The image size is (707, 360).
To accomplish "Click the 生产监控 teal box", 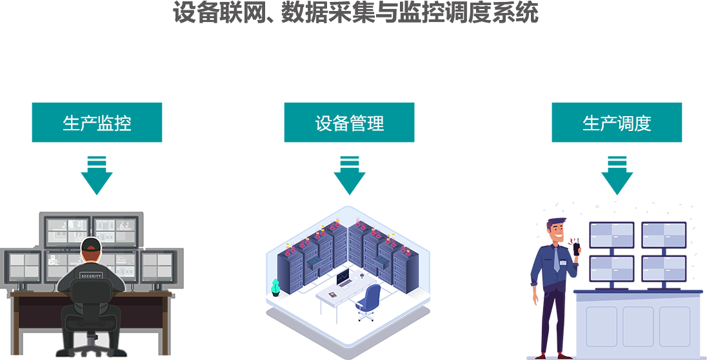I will coord(97,123).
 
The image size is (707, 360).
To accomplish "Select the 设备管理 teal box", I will coord(349,123).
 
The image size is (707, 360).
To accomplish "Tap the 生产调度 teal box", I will coord(617,123).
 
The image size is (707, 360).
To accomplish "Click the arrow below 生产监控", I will coord(97,175).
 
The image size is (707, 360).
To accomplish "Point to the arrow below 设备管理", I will coord(349,175).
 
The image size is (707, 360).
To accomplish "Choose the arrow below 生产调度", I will coord(617,175).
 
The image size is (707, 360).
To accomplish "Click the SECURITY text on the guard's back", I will coord(91,275).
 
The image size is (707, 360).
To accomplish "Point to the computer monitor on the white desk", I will coord(343,278).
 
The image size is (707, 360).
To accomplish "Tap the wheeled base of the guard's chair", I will coord(91,345).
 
